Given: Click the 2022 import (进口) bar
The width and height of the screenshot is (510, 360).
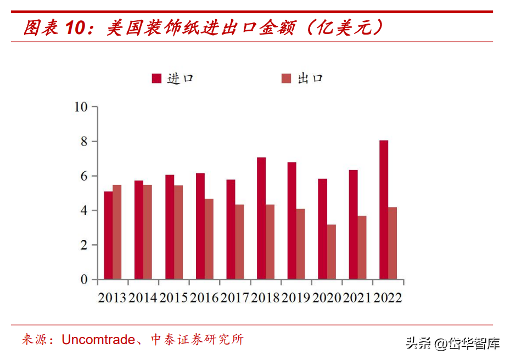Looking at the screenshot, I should (384, 210).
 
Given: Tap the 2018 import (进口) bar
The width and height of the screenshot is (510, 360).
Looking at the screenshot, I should (261, 218).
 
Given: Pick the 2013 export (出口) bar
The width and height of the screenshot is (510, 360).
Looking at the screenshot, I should (117, 232).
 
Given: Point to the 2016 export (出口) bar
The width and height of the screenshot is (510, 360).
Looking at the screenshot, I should (209, 239).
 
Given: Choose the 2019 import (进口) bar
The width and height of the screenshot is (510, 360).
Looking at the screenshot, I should (292, 221).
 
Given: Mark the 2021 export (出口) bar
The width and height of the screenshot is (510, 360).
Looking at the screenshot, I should (362, 248).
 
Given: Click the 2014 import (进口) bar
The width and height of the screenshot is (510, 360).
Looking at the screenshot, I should (139, 230).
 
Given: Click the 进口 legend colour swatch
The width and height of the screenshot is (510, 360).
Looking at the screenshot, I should (156, 78).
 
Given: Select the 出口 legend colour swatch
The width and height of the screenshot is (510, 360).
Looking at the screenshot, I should (286, 78).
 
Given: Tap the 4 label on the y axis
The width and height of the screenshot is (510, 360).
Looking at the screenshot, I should (84, 211).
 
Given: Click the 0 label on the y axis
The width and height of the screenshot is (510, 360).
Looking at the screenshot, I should (84, 280).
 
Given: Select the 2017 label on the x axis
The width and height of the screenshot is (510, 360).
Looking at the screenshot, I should (234, 298).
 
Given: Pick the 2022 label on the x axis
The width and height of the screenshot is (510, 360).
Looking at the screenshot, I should (388, 298).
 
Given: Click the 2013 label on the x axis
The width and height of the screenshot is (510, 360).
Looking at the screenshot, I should (112, 298).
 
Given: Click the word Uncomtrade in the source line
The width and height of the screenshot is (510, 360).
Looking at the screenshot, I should (98, 340).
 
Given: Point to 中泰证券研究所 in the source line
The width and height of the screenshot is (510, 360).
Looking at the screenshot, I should (197, 340).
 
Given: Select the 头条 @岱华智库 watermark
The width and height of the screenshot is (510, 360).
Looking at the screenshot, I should (453, 344).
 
